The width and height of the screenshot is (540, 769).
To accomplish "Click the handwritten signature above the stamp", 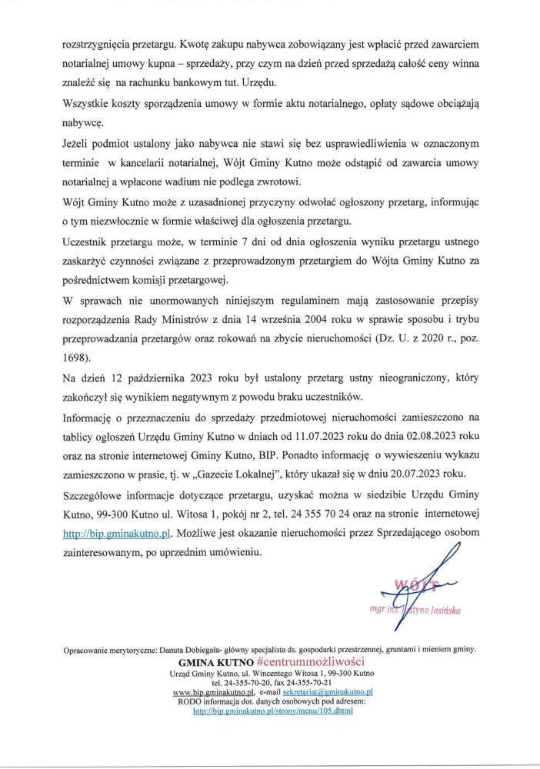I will pyautogui.click(x=438, y=569).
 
